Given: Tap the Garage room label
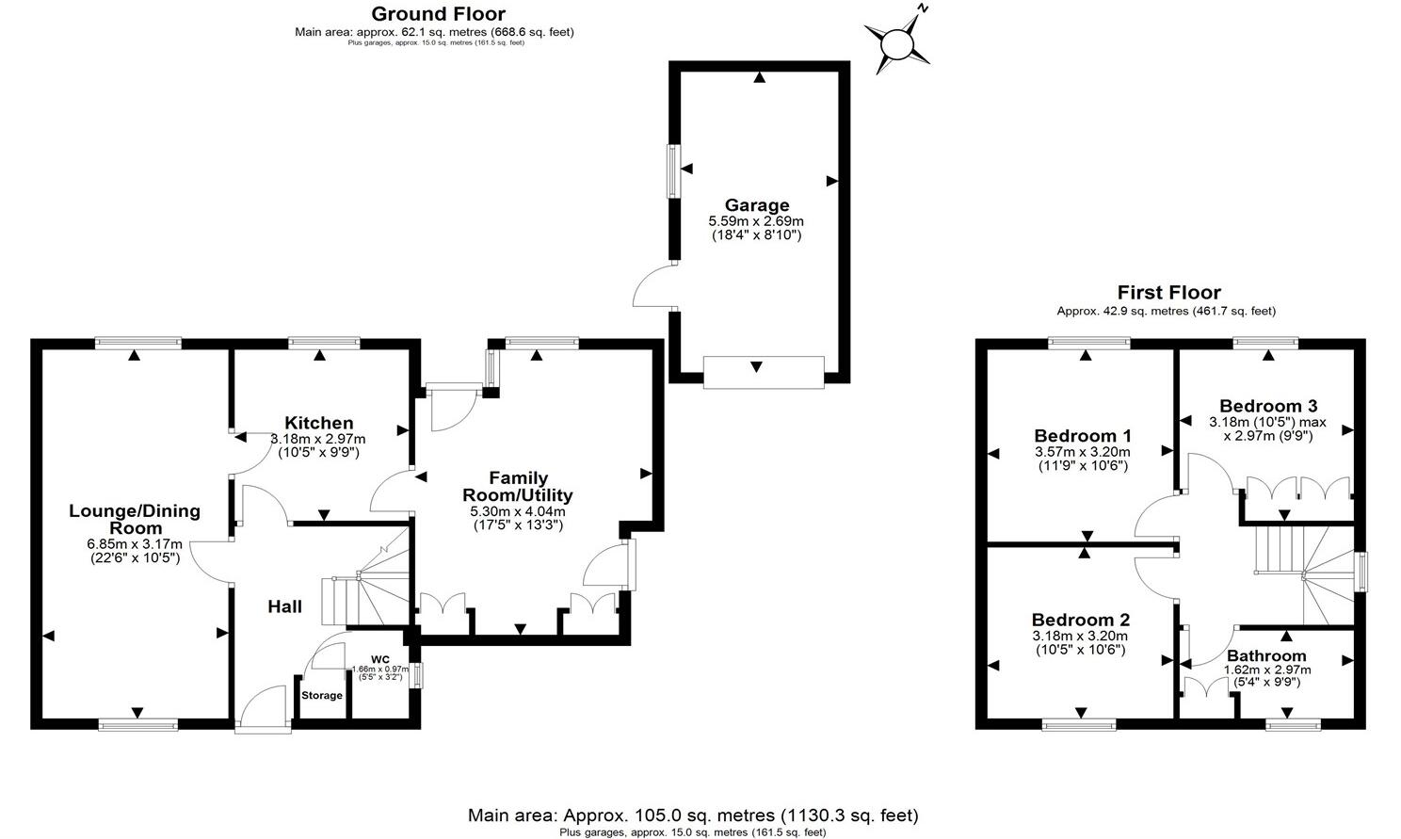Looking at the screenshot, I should pyautogui.click(x=756, y=205).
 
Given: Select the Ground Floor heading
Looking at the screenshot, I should pyautogui.click(x=438, y=14).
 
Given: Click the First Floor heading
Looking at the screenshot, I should pyautogui.click(x=1168, y=293).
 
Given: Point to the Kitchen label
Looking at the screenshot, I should pyautogui.click(x=319, y=424).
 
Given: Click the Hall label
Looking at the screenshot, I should pyautogui.click(x=284, y=606).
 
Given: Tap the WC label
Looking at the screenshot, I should pyautogui.click(x=379, y=659).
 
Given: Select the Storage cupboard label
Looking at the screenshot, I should pyautogui.click(x=322, y=696).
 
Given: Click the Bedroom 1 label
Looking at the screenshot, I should pyautogui.click(x=1082, y=436).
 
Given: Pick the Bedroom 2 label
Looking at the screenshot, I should pyautogui.click(x=1080, y=620).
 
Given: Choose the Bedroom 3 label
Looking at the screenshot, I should pyautogui.click(x=1267, y=407).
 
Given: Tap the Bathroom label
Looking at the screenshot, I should pyautogui.click(x=1266, y=656).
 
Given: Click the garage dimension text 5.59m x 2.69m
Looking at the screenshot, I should pyautogui.click(x=756, y=221).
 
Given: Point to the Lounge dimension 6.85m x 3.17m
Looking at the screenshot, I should pyautogui.click(x=134, y=544).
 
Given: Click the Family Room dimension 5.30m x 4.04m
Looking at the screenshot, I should pyautogui.click(x=517, y=511).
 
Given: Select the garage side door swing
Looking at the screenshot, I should pyautogui.click(x=653, y=286).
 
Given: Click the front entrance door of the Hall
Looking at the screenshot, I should pyautogui.click(x=261, y=708).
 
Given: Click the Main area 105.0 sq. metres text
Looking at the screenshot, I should pyautogui.click(x=692, y=815).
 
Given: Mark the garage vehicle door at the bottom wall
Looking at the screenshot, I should pyautogui.click(x=764, y=371).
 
